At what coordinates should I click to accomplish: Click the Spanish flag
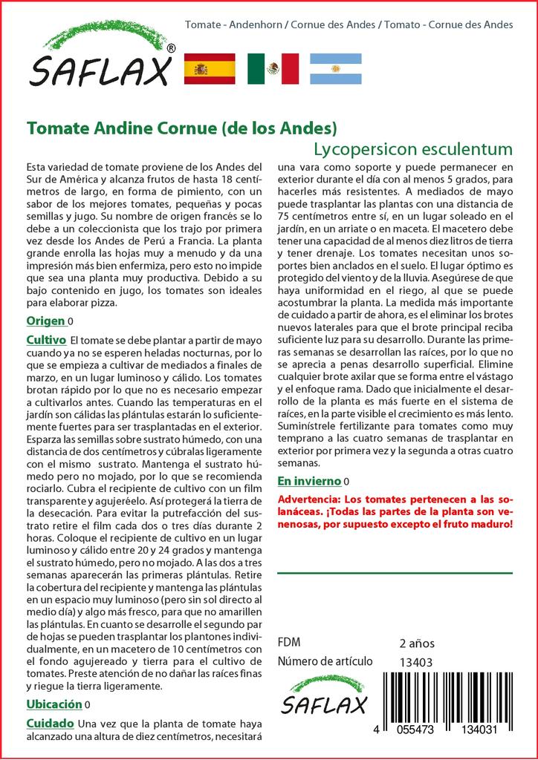coord(209,69)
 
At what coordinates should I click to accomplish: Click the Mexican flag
coord(273,69)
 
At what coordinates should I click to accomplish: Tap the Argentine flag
coord(335,69)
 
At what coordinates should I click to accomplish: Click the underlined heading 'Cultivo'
coord(47,339)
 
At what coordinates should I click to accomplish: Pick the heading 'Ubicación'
coord(54,704)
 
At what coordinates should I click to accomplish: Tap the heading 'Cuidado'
coord(50,723)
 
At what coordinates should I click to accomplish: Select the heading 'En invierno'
coord(308,480)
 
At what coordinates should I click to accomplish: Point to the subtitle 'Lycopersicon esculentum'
coord(413,148)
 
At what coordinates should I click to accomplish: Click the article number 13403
coord(415,662)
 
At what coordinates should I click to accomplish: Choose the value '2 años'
coord(417,643)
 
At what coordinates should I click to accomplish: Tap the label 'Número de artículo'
coord(325,662)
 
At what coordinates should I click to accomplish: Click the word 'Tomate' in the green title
coord(54,128)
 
